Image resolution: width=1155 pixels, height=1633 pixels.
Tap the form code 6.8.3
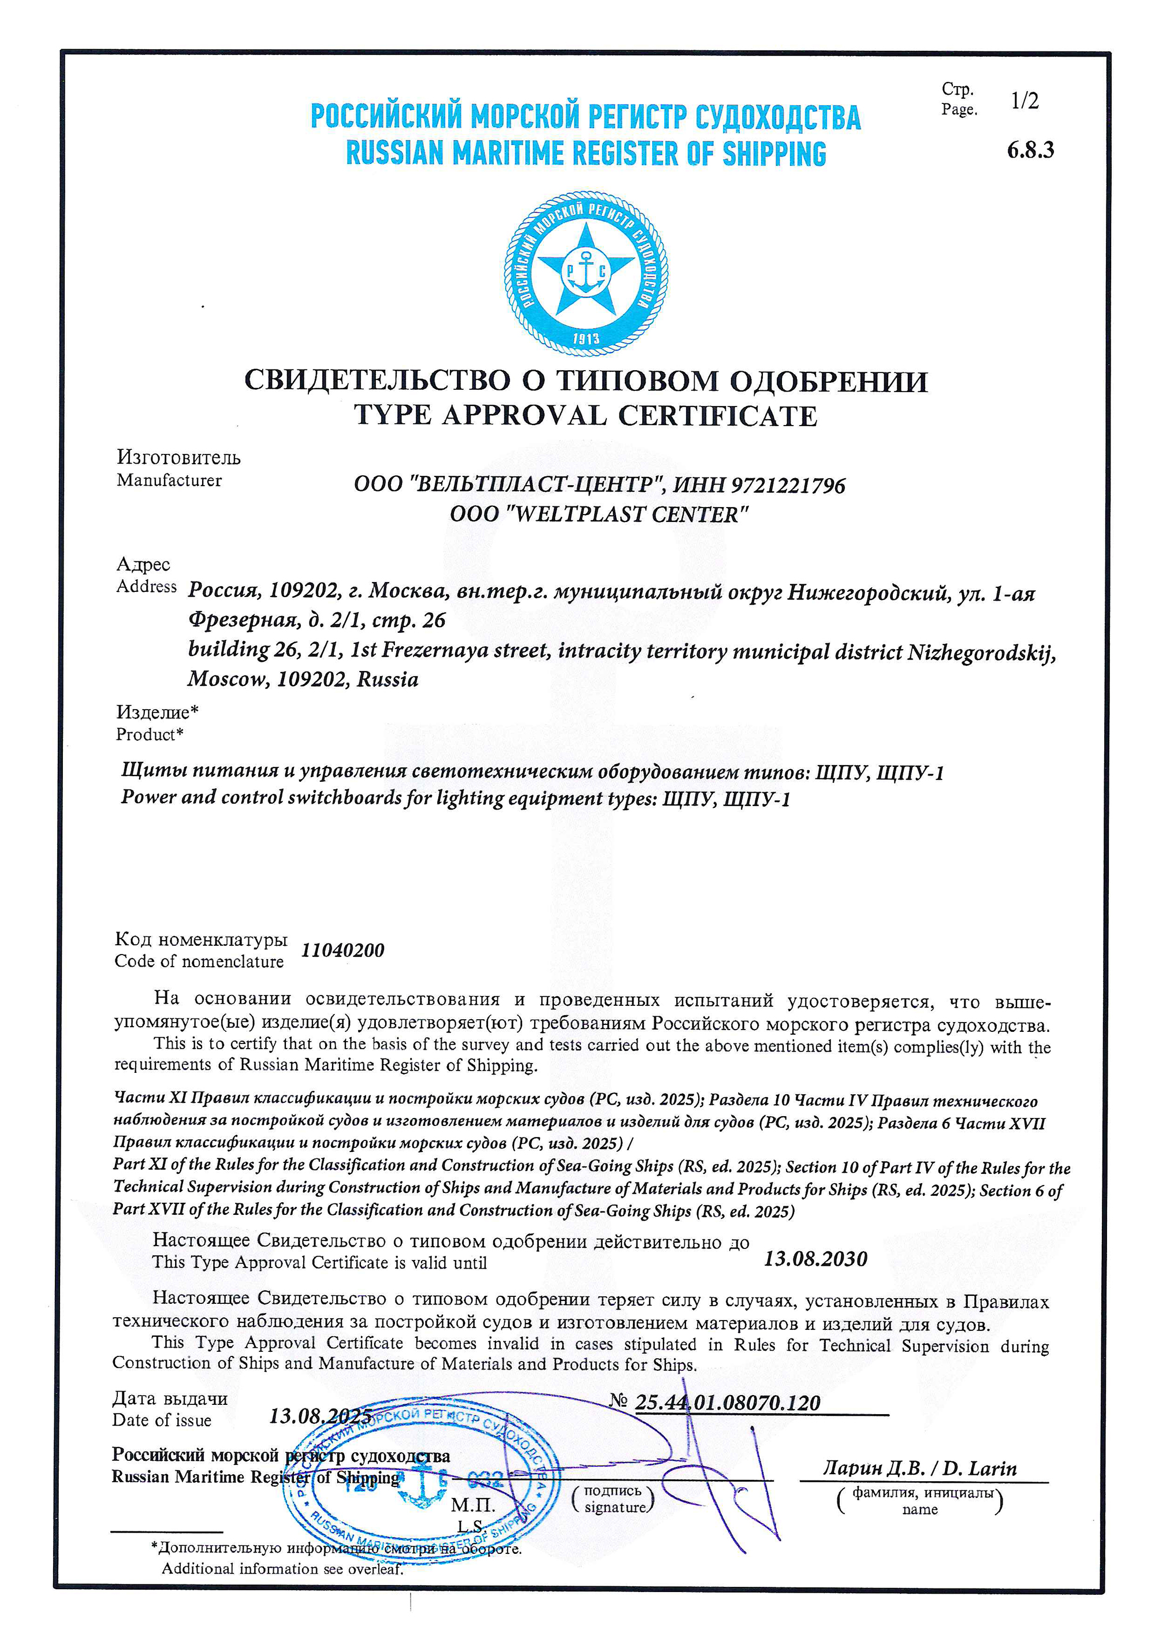point(1030,150)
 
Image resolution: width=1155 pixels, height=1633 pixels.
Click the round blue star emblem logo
point(586,273)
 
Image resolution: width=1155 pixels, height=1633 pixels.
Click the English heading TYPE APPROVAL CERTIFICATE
point(586,415)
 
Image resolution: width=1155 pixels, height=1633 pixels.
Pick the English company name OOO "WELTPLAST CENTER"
point(599,514)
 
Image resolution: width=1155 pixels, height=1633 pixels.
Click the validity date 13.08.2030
point(815,1259)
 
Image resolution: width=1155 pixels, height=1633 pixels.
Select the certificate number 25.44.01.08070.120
point(727,1403)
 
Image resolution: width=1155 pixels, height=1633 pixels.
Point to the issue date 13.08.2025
point(320,1416)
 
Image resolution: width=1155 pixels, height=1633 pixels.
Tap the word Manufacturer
point(169,481)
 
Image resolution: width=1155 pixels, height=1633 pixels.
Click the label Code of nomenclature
point(199,961)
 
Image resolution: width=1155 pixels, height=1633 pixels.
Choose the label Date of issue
point(162,1421)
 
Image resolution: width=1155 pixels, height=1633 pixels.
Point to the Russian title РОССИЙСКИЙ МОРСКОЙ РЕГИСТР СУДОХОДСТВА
point(586,117)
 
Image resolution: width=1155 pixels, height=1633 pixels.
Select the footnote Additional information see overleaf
point(282,1568)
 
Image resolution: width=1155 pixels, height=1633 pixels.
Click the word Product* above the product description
point(150,734)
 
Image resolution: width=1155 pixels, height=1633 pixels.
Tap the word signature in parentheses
point(614,1507)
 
